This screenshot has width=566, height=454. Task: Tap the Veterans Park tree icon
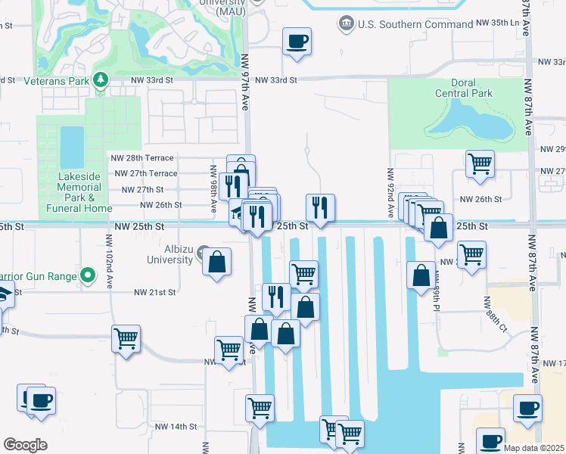pyautogui.click(x=101, y=79)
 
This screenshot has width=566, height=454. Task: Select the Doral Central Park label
pyautogui.click(x=463, y=89)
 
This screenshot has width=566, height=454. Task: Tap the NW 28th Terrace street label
pyautogui.click(x=143, y=157)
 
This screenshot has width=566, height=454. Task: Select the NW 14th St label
pyautogui.click(x=176, y=427)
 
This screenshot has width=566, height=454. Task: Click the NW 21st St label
pyautogui.click(x=154, y=292)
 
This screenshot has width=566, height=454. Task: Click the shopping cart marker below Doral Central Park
pyautogui.click(x=480, y=163)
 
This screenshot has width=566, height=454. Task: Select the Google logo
pyautogui.click(x=25, y=445)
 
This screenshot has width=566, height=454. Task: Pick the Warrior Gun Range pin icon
pyautogui.click(x=89, y=275)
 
